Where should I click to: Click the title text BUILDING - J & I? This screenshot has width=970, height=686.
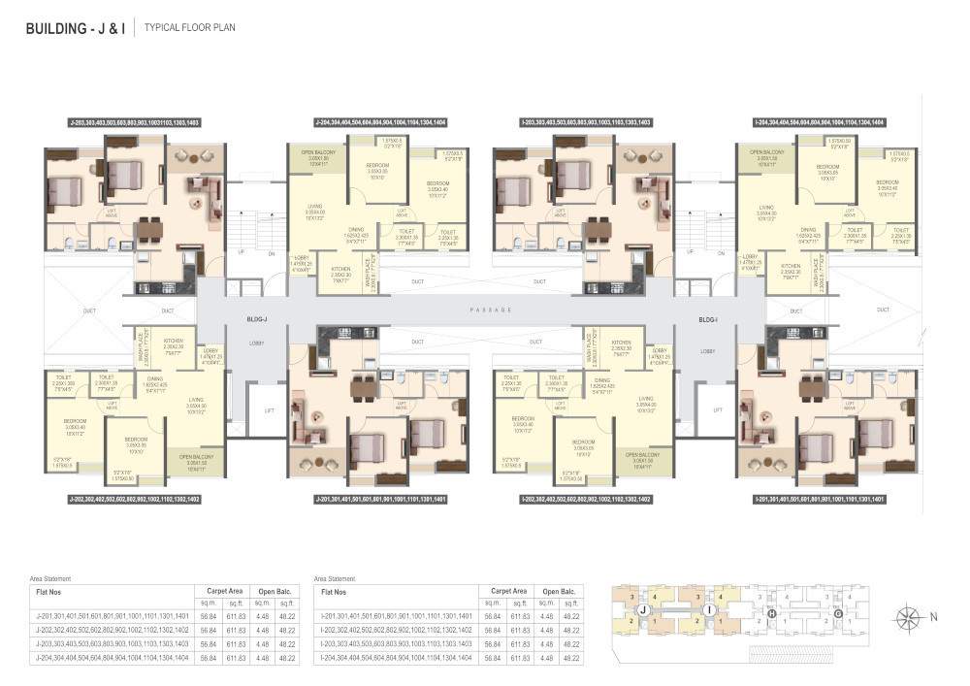point(75,28)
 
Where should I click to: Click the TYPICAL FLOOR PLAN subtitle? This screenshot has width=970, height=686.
point(190,28)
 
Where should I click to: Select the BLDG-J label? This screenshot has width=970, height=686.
point(257,319)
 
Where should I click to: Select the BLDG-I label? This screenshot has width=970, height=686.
point(707,319)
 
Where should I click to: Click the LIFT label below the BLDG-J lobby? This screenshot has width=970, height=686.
point(269,410)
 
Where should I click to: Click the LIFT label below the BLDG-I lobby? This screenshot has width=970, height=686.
point(718,410)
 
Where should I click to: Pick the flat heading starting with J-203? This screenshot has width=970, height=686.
point(134,123)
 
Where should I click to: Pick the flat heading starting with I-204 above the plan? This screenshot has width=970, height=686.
point(819,123)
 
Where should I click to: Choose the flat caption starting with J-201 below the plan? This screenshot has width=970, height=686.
point(380,499)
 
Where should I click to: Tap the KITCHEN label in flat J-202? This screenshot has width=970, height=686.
point(174,343)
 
